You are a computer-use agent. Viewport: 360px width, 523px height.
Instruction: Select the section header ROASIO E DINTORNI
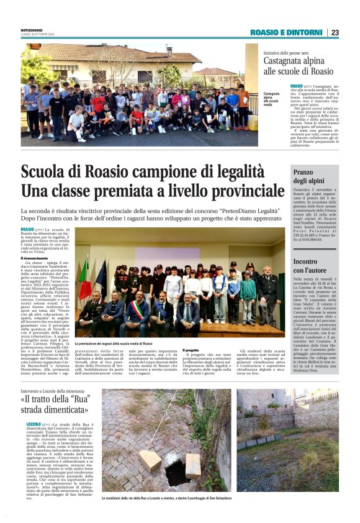tap(287, 32)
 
